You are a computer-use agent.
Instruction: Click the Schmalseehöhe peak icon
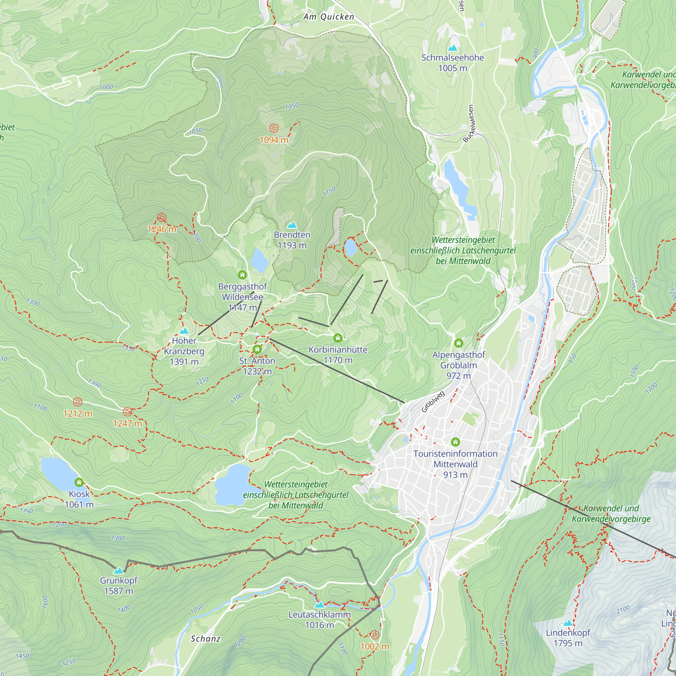453,48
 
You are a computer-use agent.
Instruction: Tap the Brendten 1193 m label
292,240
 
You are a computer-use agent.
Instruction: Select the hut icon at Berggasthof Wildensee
242,275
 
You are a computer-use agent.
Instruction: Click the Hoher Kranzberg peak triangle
184,331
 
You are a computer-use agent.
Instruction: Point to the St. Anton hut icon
257,349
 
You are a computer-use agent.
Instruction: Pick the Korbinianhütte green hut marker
338,338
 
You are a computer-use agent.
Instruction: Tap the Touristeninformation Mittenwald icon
455,442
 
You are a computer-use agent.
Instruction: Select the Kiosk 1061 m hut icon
79,483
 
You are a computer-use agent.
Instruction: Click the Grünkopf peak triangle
119,571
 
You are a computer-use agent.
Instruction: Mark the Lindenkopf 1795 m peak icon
568,623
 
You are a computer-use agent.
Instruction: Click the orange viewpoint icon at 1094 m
274,128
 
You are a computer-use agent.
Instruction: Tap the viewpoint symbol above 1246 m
161,218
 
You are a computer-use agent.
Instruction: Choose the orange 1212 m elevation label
78,414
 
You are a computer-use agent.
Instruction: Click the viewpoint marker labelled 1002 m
375,635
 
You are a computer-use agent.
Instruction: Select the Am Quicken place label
329,17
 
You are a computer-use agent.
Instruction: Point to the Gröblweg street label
433,402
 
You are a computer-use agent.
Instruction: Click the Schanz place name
206,639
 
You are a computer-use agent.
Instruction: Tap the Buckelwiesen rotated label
468,123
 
